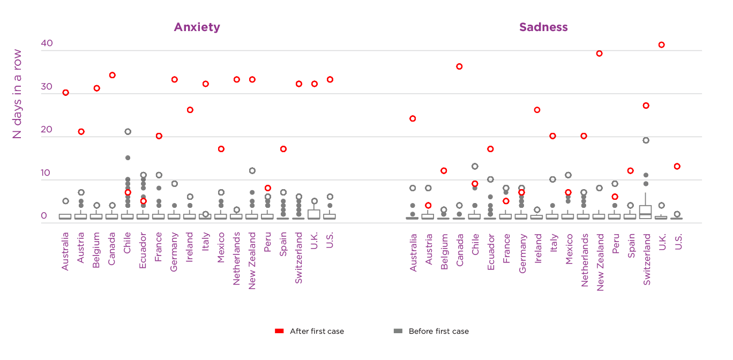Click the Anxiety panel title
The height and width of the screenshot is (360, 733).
197,27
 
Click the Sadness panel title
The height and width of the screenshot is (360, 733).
543,27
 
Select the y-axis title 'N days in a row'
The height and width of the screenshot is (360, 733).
18,94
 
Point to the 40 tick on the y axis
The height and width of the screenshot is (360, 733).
47,43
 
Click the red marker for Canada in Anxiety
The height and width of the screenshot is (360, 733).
112,75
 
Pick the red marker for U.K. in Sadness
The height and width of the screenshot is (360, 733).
661,45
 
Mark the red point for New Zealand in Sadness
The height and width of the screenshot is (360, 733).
599,54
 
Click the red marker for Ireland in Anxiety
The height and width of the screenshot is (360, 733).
190,110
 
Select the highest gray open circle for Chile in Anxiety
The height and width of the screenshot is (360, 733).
128,132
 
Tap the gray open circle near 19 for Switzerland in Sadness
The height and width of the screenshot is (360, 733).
646,140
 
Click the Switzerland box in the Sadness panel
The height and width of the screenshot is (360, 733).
646,212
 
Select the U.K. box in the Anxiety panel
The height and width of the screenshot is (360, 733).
314,214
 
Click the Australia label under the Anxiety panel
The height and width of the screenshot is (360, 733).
65,251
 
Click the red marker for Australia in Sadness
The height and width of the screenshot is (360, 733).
413,118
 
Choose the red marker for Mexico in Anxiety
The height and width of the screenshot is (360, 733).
221,149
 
